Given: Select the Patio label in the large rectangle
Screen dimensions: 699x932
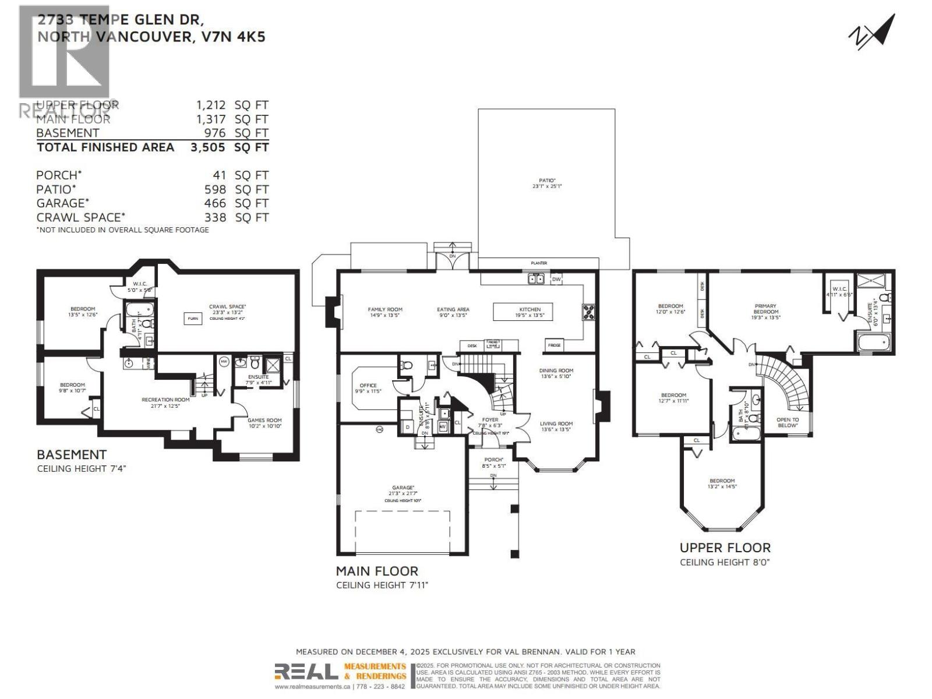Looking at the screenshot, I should (x=546, y=183).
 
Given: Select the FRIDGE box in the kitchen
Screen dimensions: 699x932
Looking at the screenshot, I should (x=554, y=345).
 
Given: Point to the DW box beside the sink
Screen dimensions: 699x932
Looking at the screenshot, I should (x=556, y=280).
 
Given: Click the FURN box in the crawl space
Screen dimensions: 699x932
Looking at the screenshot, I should (x=192, y=319).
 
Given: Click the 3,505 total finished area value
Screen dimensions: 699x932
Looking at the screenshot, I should (x=207, y=147).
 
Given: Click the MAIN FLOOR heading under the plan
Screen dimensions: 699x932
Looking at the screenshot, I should (x=376, y=571).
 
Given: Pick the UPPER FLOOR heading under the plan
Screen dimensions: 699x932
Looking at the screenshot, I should (x=725, y=548).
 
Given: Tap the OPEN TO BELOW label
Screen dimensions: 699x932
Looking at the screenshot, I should (x=788, y=422).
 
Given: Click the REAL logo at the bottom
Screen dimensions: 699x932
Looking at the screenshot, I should (x=306, y=672).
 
